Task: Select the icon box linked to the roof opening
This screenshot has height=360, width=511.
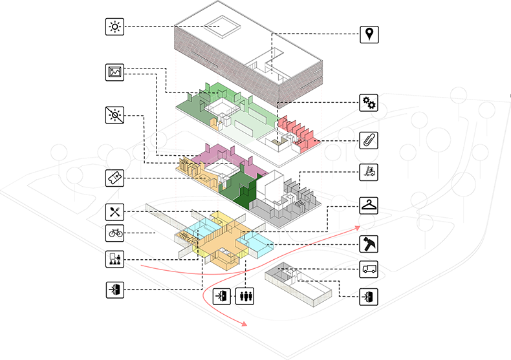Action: (x=115, y=26)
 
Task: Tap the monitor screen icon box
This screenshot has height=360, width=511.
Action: (x=115, y=72)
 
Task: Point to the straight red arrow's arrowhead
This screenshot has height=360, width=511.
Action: (x=357, y=228)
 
